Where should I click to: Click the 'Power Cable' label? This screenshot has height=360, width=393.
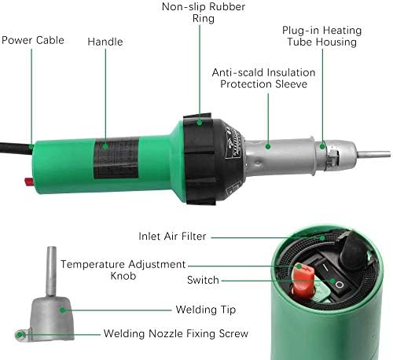coord(33,40)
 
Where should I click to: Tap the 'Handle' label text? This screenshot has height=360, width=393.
coord(105,42)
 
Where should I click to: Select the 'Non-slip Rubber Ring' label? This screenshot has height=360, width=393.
coord(204,13)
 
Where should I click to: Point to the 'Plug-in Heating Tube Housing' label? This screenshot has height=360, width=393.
coord(322,36)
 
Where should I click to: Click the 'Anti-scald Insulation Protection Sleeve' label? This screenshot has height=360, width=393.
coord(263,78)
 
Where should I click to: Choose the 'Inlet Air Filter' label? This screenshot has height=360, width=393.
coord(172,237)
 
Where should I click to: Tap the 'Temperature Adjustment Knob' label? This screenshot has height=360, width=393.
coord(123,270)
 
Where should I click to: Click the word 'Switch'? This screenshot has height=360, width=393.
coord(203,280)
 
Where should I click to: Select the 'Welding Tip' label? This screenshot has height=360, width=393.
coord(206,310)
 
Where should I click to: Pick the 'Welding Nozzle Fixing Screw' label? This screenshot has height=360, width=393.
coord(176,333)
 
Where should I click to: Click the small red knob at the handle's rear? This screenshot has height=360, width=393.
coord(28,181)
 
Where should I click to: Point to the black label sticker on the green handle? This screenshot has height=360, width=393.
coord(116,158)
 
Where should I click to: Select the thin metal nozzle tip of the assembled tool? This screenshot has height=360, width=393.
coord(374,154)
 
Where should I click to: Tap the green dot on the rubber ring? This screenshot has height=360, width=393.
coord(200,122)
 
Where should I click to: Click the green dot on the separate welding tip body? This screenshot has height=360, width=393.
coord(62,310)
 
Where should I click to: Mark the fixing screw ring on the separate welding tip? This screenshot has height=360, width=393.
coord(20,335)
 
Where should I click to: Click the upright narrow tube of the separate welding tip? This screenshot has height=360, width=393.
coord(51,271)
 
